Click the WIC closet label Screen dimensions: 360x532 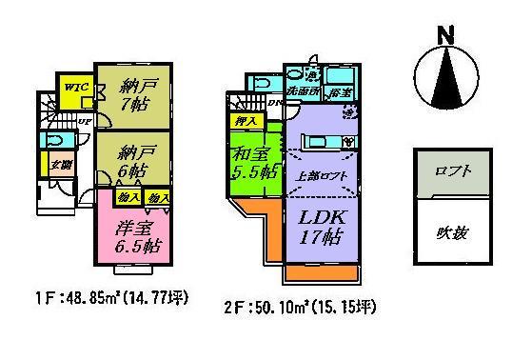click(x=74, y=86)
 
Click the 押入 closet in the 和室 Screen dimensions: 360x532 click(x=244, y=121)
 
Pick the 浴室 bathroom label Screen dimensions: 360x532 click(x=338, y=92)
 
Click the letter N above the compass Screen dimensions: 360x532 click(x=443, y=34)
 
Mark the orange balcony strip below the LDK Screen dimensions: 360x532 click(x=322, y=273)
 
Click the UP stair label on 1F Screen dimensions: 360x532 click(x=85, y=121)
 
